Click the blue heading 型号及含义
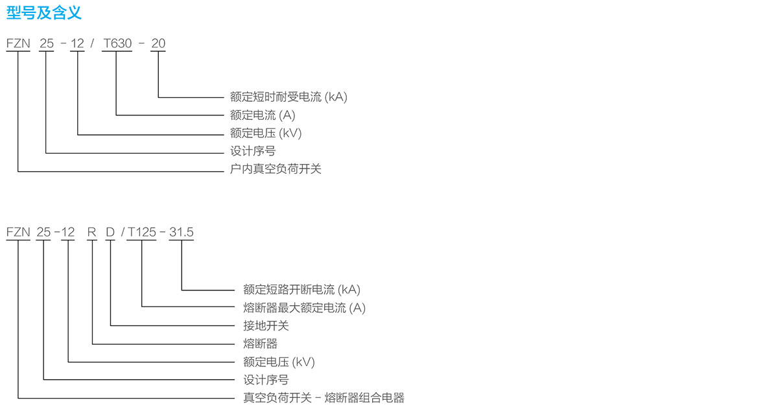pyautogui.click(x=44, y=13)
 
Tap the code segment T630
pyautogui.click(x=117, y=43)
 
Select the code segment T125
pyautogui.click(x=142, y=232)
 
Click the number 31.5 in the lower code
pyautogui.click(x=182, y=232)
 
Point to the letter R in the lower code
pyautogui.click(x=91, y=232)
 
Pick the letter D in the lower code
pyautogui.click(x=110, y=232)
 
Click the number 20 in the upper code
pyautogui.click(x=158, y=43)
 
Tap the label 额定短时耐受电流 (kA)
pyautogui.click(x=289, y=97)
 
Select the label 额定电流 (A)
pyautogui.click(x=263, y=115)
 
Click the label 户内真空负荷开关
pyautogui.click(x=276, y=169)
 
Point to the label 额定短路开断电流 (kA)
pyautogui.click(x=302, y=290)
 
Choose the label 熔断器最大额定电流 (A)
pyautogui.click(x=304, y=308)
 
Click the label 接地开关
pyautogui.click(x=266, y=325)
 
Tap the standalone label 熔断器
pyautogui.click(x=260, y=343)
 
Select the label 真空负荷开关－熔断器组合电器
pyautogui.click(x=324, y=398)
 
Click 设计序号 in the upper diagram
pyautogui.click(x=252, y=151)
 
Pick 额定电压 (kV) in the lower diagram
pyautogui.click(x=279, y=362)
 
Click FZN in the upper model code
pyautogui.click(x=18, y=43)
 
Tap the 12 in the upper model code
pyautogui.click(x=77, y=43)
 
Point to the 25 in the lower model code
pyautogui.click(x=43, y=232)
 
